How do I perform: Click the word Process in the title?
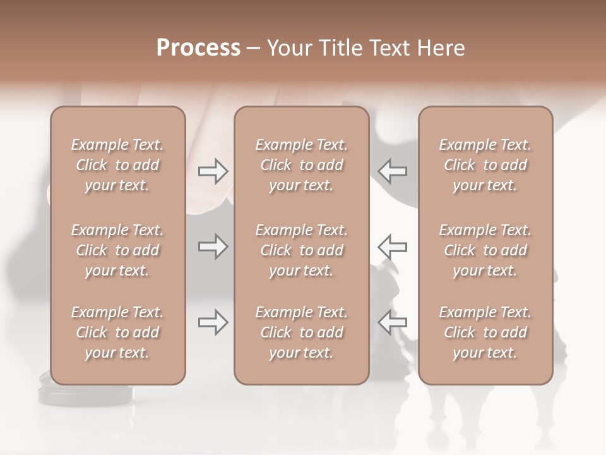pyautogui.click(x=198, y=48)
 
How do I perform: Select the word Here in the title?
pyautogui.click(x=441, y=48)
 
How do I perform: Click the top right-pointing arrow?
pyautogui.click(x=213, y=171)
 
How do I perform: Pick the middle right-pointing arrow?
pyautogui.click(x=213, y=246)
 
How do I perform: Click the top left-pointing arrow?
pyautogui.click(x=392, y=171)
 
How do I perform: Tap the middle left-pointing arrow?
pyautogui.click(x=392, y=246)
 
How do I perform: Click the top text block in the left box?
pyautogui.click(x=117, y=165)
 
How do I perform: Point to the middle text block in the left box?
pyautogui.click(x=117, y=250)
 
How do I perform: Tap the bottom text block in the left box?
pyautogui.click(x=117, y=332)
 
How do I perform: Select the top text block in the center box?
pyautogui.click(x=301, y=165)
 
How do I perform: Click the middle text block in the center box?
pyautogui.click(x=301, y=250)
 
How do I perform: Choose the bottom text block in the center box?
pyautogui.click(x=301, y=332)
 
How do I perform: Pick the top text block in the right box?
pyautogui.click(x=485, y=165)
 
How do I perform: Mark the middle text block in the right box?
pyautogui.click(x=485, y=250)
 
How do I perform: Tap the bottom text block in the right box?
pyautogui.click(x=485, y=332)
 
